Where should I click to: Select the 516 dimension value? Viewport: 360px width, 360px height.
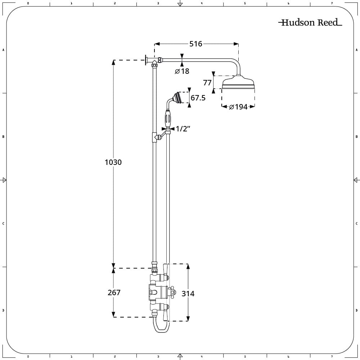(x=196, y=44)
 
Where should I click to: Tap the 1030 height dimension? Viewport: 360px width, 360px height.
(x=113, y=162)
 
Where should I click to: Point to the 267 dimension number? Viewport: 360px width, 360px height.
(x=114, y=293)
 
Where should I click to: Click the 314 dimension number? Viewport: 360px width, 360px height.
(x=188, y=294)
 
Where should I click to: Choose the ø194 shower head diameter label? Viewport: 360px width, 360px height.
(x=238, y=107)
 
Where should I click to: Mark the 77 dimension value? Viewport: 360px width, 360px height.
(x=207, y=83)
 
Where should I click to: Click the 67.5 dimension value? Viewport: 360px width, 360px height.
(x=198, y=98)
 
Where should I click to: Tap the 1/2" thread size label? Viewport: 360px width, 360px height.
(x=183, y=129)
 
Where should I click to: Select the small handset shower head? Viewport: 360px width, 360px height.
(x=177, y=98)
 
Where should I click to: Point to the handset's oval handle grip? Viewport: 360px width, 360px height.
(x=168, y=119)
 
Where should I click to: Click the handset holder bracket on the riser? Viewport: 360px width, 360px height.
(x=157, y=137)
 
